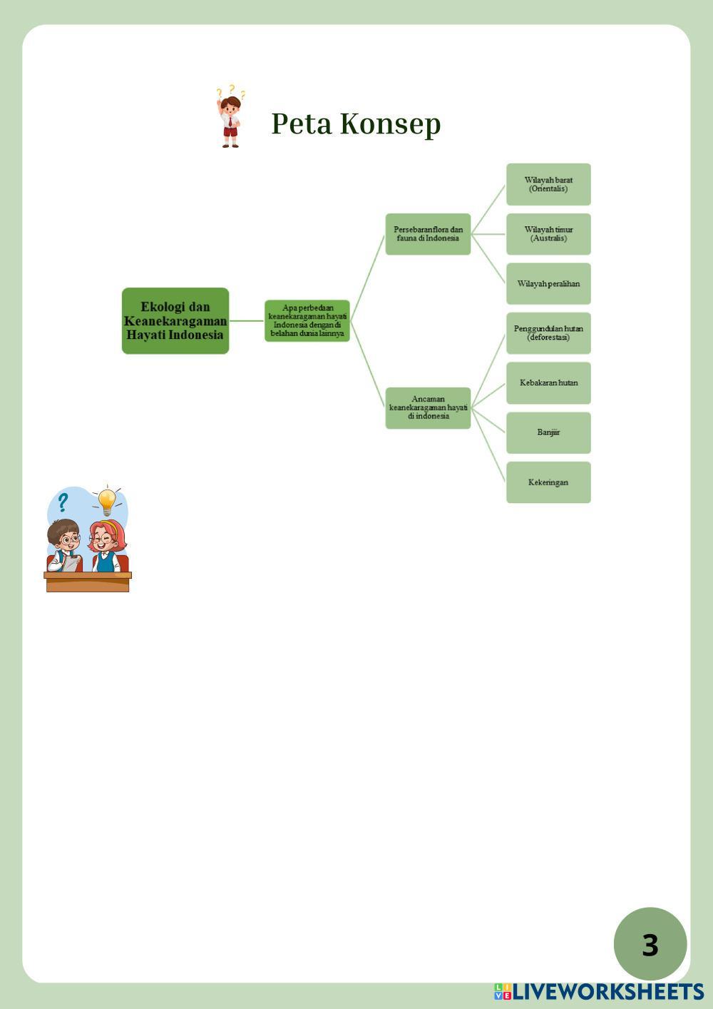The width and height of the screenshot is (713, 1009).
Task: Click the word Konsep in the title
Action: click(x=390, y=123)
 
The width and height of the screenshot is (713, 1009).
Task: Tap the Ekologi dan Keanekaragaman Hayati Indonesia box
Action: click(x=175, y=320)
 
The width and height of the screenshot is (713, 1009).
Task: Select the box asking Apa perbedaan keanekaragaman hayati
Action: click(x=307, y=320)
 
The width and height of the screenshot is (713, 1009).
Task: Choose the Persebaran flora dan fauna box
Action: click(x=428, y=234)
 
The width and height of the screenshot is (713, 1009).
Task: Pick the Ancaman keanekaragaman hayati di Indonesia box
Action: click(x=428, y=407)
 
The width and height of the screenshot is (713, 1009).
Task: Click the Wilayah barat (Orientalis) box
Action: click(x=548, y=184)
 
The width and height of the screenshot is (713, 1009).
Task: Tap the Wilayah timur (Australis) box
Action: click(x=548, y=234)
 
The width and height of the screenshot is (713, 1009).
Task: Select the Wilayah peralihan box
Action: click(x=548, y=283)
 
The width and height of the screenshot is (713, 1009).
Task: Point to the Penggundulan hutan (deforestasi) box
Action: click(x=548, y=333)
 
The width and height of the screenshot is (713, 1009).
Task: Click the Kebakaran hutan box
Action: click(x=548, y=383)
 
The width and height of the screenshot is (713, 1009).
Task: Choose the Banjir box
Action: click(x=548, y=432)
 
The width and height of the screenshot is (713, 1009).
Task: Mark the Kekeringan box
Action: click(x=548, y=482)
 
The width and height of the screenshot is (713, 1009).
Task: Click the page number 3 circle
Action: click(x=650, y=944)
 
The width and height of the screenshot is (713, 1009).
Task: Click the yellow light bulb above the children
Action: click(x=107, y=500)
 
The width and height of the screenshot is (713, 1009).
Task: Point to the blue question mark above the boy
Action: click(x=63, y=502)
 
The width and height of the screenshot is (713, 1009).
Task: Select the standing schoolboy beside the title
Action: click(x=230, y=120)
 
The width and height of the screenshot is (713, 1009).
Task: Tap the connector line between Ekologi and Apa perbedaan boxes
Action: click(x=247, y=321)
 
